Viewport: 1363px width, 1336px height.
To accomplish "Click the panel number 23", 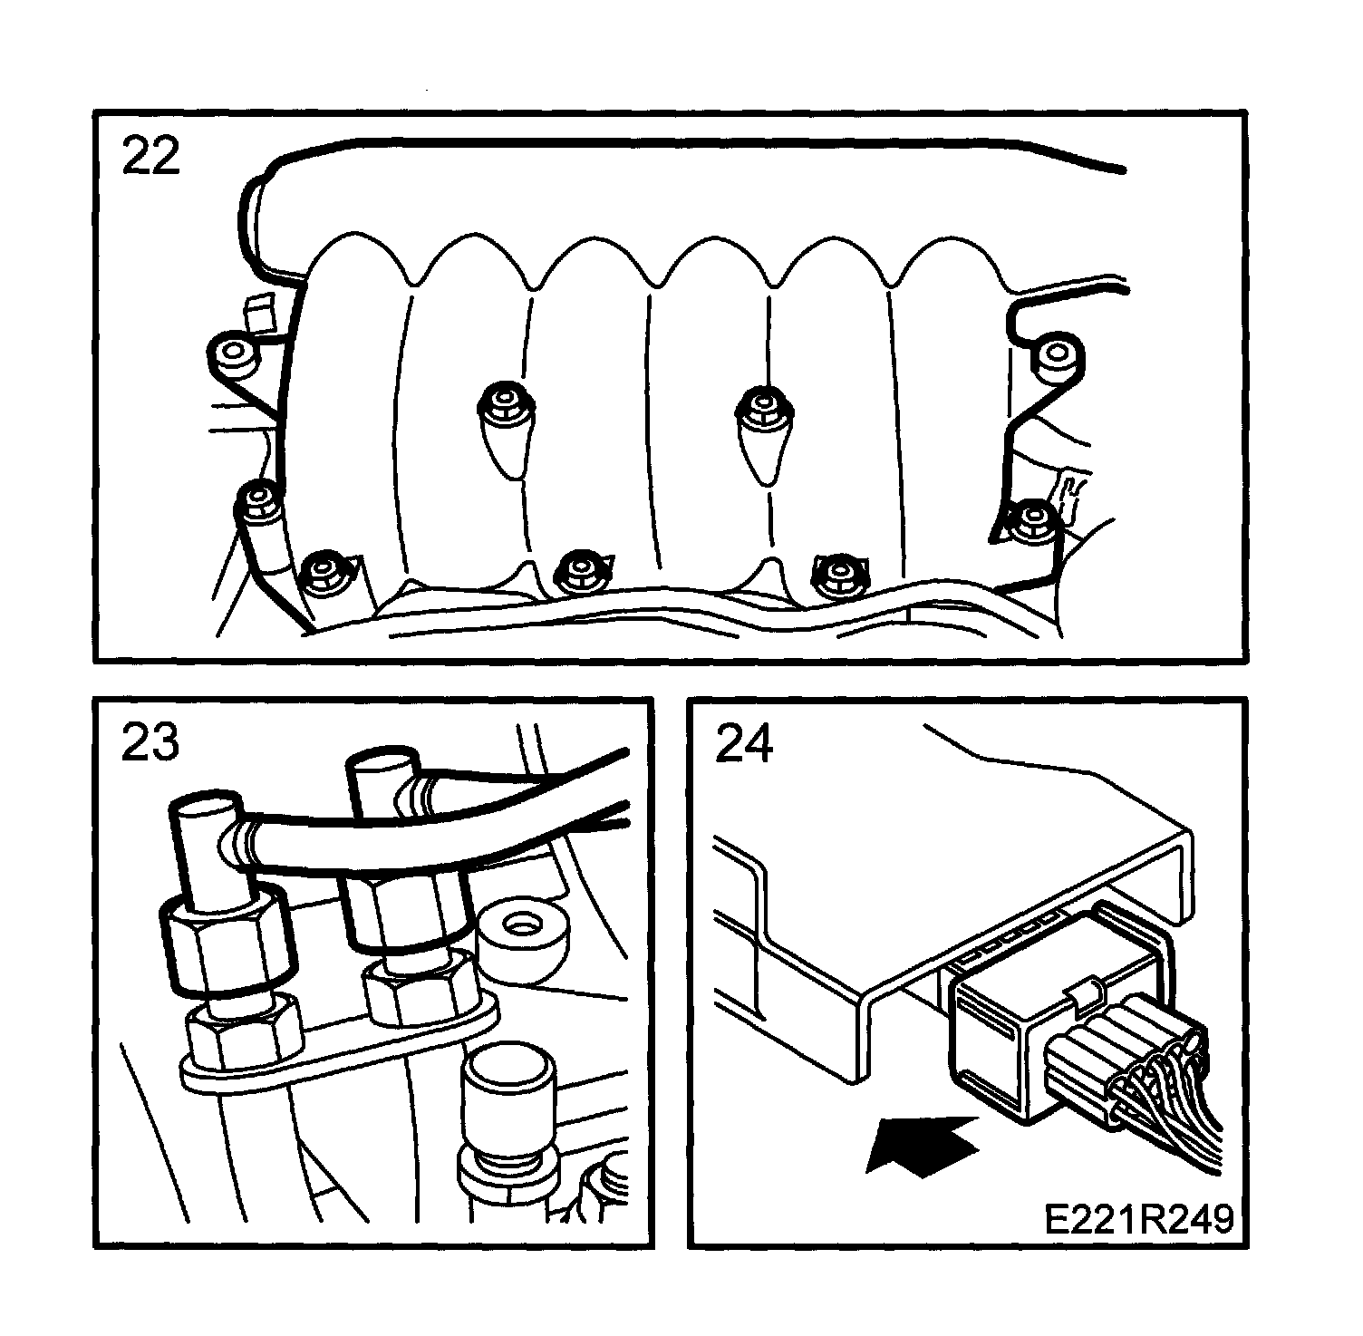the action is tap(150, 743).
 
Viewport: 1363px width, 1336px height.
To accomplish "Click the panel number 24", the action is tap(744, 745).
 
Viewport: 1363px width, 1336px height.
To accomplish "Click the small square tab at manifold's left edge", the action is tap(256, 312).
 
